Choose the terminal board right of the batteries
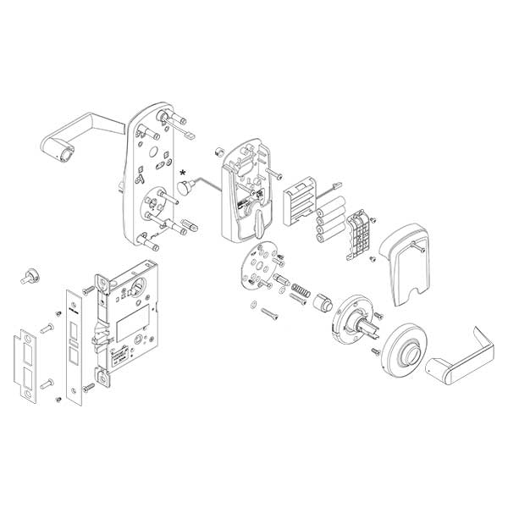[362, 231]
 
